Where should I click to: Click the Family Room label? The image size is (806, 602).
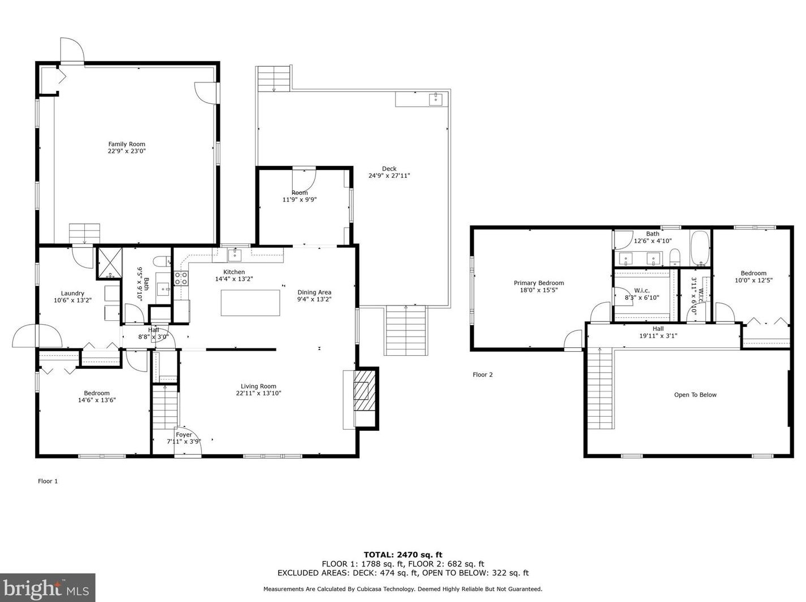[x=127, y=144]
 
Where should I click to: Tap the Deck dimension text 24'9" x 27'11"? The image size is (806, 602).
[x=389, y=176]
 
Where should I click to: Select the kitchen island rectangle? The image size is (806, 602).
[x=250, y=303]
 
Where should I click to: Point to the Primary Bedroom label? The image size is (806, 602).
[x=539, y=283]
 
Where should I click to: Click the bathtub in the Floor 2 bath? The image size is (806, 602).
[x=700, y=248]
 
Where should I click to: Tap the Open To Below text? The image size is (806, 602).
[x=695, y=395]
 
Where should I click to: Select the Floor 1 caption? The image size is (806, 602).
[x=47, y=481]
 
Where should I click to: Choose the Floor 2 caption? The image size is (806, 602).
[x=483, y=374]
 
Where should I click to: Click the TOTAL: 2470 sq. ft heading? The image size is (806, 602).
[x=403, y=555]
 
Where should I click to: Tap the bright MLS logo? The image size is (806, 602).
[x=47, y=588]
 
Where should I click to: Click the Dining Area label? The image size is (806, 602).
[x=314, y=293]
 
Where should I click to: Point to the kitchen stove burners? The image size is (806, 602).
[x=181, y=278]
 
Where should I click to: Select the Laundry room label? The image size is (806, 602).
[x=72, y=293]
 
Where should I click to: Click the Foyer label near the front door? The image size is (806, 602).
[x=184, y=435]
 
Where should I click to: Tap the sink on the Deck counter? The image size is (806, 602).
[x=436, y=99]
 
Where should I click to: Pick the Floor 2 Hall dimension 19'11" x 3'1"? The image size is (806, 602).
[x=658, y=335]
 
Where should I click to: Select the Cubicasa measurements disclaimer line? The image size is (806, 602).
[x=403, y=589]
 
